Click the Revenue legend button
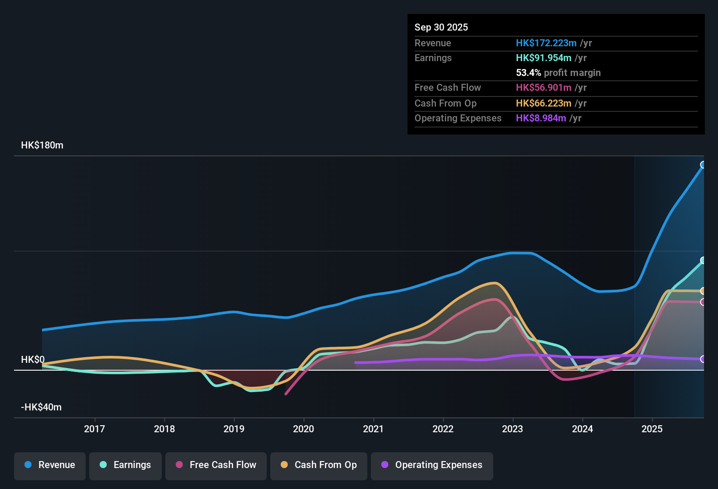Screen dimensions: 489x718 tap(50, 465)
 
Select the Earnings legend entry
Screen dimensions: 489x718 tap(125, 465)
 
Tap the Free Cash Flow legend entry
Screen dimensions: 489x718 tap(216, 465)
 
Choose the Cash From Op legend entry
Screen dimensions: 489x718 tap(319, 465)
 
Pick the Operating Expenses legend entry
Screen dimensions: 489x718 tap(432, 465)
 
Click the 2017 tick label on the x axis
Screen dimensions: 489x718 tap(94, 429)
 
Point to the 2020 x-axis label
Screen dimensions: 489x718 tap(303, 429)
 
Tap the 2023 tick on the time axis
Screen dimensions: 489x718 tap(512, 429)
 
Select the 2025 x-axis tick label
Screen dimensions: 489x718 tap(652, 429)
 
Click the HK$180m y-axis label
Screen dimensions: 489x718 tap(42, 145)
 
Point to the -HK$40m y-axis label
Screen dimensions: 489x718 tap(41, 407)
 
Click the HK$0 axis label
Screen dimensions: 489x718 tap(33, 360)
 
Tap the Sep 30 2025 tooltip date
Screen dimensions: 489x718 tap(441, 28)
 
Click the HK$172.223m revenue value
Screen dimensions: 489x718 tap(546, 43)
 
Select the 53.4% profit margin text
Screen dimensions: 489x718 tap(558, 73)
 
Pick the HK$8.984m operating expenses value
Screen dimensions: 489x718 tap(541, 118)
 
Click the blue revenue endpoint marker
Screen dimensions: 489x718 tap(703, 165)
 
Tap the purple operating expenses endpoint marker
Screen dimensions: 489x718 tap(703, 359)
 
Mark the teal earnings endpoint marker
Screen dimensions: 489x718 tap(703, 260)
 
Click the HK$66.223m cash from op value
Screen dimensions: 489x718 tap(544, 103)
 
